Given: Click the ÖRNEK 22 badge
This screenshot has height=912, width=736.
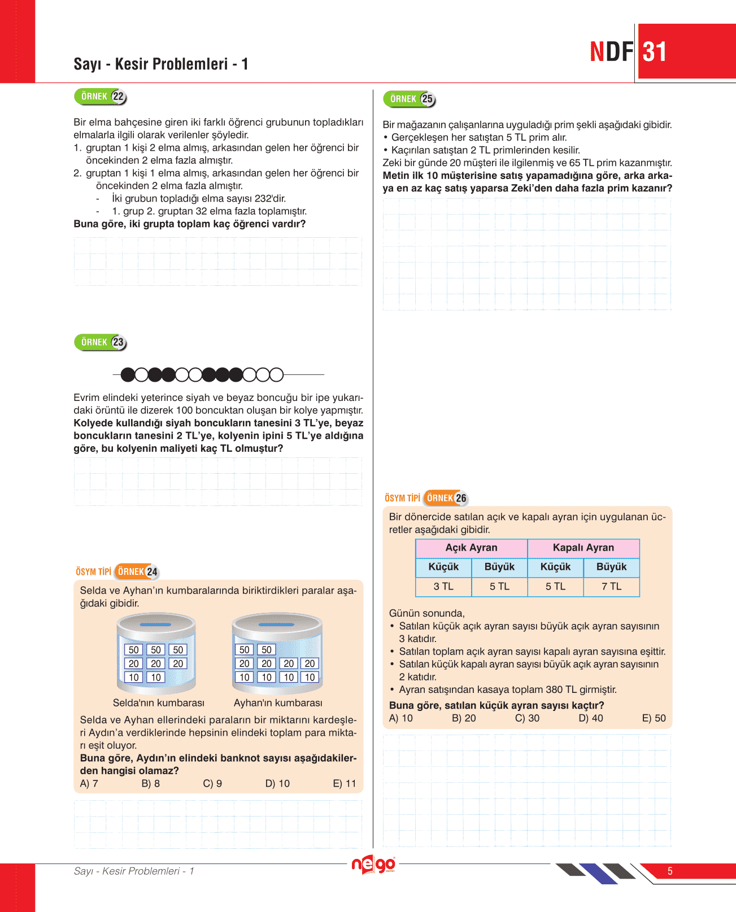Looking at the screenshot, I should (100, 97).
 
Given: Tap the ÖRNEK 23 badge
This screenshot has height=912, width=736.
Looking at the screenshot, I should (100, 342).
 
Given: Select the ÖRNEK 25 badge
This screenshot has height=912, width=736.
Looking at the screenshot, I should (409, 99).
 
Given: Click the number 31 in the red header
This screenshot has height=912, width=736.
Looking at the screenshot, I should (655, 52).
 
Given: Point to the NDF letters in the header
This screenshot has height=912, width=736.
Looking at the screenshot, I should (611, 52).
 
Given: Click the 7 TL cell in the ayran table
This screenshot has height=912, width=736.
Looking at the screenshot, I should (611, 587).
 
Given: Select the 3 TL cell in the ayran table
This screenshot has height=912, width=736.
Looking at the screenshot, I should (443, 587).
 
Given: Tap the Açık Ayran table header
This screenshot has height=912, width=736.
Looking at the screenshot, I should (471, 548).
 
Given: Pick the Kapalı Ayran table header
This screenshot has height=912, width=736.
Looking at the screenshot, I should (583, 548).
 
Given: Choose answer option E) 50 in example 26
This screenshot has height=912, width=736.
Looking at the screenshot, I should (654, 718).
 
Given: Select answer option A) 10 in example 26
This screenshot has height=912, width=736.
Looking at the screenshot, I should (401, 718).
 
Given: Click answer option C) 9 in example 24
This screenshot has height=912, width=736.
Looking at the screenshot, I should (212, 784).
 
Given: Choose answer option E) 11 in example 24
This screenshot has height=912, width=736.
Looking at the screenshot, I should (345, 784).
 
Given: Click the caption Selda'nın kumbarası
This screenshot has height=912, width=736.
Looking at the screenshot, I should (158, 703).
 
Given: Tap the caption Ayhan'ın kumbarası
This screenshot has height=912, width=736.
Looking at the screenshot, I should (278, 703).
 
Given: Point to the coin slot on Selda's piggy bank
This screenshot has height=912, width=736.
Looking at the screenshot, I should (155, 625).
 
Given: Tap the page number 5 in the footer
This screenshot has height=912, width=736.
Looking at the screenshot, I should (670, 871).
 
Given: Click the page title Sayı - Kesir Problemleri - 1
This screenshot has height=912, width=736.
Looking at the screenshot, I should (161, 64).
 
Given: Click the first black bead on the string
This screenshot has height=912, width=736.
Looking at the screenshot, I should (128, 374).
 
